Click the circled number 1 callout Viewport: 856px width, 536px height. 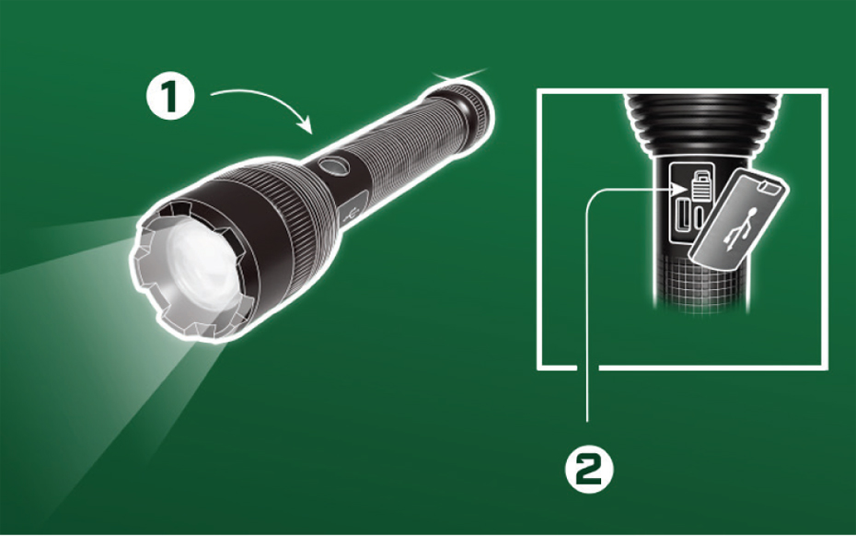tap(170, 97)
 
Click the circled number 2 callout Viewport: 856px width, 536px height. tap(589, 470)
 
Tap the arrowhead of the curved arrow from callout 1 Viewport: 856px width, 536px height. tap(306, 125)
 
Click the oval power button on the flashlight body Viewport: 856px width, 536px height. tap(333, 165)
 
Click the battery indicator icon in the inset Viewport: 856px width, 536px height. tap(702, 185)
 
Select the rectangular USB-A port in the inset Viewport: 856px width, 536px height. tap(682, 216)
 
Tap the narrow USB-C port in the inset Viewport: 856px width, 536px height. tap(700, 217)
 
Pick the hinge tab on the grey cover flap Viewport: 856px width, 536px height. tap(769, 187)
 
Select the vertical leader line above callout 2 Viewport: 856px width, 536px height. tap(587, 306)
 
